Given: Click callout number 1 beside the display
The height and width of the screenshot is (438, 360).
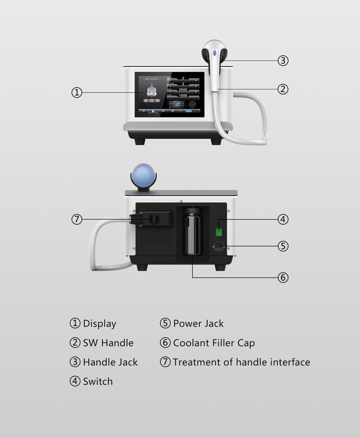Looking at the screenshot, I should (x=77, y=93).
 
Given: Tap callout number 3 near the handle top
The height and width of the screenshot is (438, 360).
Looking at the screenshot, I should (x=283, y=60).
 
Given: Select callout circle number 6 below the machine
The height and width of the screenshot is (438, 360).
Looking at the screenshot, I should (x=283, y=277).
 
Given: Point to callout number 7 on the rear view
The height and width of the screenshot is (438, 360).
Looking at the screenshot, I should (x=77, y=219).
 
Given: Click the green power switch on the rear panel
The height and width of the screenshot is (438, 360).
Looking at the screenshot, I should (x=219, y=232).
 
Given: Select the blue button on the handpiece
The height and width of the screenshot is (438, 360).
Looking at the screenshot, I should (x=214, y=53).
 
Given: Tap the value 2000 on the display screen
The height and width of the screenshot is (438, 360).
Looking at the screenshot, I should (x=183, y=90).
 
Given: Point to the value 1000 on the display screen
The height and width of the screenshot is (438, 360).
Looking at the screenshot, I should (x=183, y=96).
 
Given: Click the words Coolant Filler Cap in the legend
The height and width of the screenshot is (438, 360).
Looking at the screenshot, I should (x=214, y=343).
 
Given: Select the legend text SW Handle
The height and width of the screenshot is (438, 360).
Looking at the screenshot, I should (x=108, y=343).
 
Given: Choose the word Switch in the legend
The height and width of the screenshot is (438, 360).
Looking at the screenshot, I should (x=98, y=381).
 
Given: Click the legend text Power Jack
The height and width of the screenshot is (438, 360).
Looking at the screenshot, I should (x=198, y=323).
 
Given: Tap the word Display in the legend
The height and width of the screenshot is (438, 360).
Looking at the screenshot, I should (x=99, y=323).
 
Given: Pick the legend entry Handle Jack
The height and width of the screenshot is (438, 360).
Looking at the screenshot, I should (x=110, y=362).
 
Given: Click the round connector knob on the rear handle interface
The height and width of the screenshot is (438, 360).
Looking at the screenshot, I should (x=154, y=219).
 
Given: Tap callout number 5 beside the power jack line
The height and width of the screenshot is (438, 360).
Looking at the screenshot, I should (x=283, y=246).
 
